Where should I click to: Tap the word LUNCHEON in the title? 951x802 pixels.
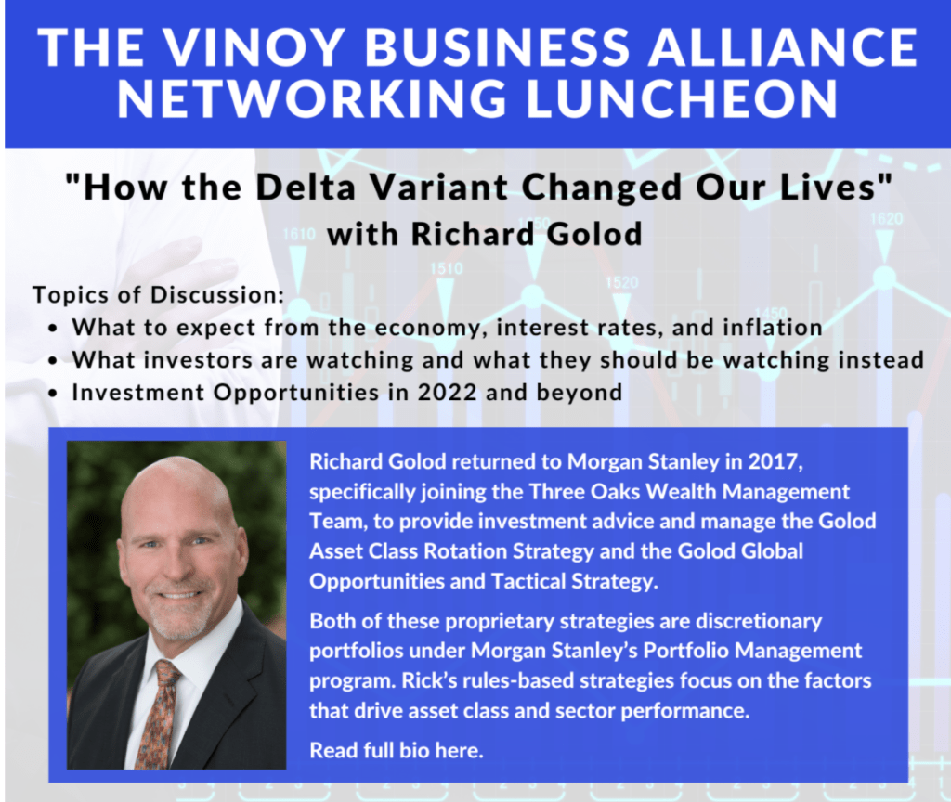(x=683, y=98)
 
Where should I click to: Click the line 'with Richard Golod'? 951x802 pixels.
(x=484, y=234)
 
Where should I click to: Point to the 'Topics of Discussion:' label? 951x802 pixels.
(x=158, y=294)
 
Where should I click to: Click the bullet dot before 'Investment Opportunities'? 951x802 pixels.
(x=54, y=394)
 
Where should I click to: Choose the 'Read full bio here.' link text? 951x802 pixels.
(x=397, y=750)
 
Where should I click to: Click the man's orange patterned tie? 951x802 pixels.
(x=158, y=716)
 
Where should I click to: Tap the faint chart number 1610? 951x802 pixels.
(x=298, y=234)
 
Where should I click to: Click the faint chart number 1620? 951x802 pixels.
(x=886, y=218)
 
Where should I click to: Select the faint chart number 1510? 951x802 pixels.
(x=447, y=268)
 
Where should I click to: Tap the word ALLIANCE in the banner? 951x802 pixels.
(x=782, y=46)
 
